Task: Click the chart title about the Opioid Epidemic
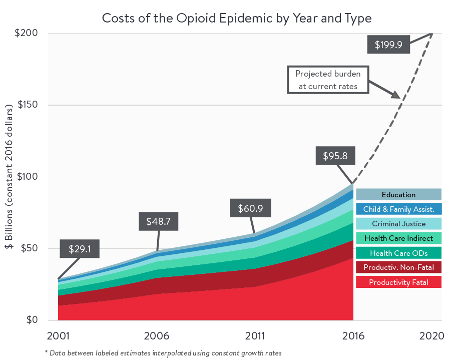tap(237, 19)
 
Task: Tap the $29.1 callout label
tap(79, 248)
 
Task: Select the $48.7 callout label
tap(158, 221)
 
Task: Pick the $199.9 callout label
tap(388, 44)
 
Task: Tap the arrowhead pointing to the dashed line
tap(395, 94)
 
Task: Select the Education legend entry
tap(398, 195)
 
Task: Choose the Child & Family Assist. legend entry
tap(398, 209)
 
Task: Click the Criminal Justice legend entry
tap(398, 224)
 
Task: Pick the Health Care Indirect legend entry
tap(398, 238)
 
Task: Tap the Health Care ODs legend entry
tap(398, 253)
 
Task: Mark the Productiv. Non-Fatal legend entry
tap(398, 267)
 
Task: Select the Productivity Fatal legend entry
tap(398, 282)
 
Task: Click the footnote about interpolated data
tap(163, 353)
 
